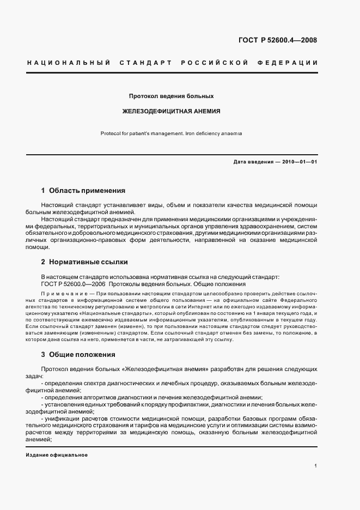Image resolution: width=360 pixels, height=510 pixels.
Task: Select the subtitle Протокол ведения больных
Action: click(x=171, y=96)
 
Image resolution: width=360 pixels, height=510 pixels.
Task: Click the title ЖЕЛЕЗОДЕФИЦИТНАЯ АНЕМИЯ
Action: click(x=171, y=111)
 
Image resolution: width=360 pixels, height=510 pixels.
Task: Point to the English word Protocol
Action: click(x=112, y=133)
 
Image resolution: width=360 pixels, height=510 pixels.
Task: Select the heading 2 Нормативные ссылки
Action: click(x=83, y=262)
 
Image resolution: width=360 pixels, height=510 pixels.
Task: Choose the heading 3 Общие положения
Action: click(x=78, y=355)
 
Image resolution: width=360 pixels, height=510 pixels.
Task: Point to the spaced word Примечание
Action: click(x=60, y=293)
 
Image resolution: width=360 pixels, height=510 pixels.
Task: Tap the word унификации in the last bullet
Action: click(x=61, y=418)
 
